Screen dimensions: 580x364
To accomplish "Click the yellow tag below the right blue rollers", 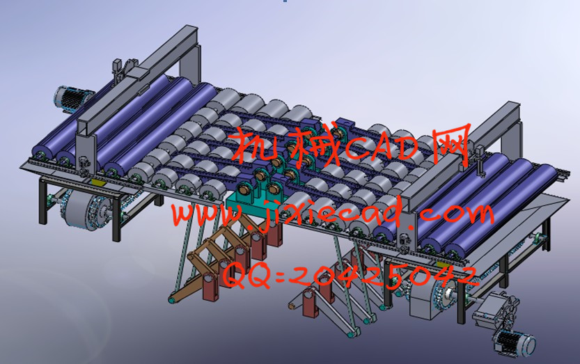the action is [x=443, y=264].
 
